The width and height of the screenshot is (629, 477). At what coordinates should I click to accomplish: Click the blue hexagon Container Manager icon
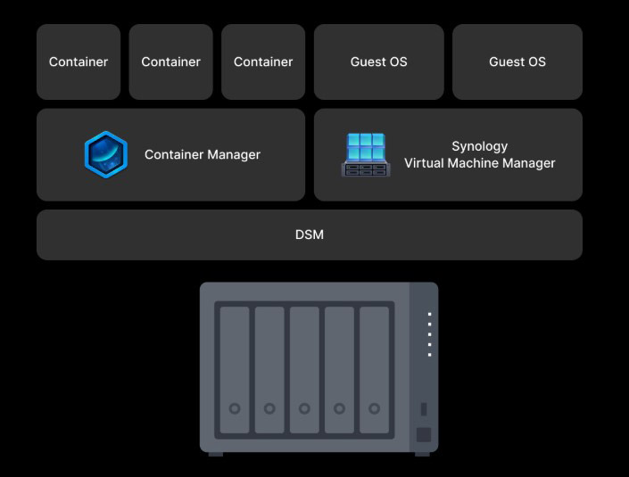[x=105, y=154]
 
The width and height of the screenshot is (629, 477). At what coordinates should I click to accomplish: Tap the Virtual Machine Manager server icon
[x=364, y=154]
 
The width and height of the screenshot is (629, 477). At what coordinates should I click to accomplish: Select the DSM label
[x=309, y=234]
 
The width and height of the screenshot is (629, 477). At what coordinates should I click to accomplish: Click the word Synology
[x=479, y=146]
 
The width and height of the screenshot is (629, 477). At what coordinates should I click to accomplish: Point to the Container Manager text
[x=203, y=154]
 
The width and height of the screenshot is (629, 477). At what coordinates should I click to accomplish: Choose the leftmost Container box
[x=79, y=62]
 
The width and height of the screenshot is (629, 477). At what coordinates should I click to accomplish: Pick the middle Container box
[x=170, y=62]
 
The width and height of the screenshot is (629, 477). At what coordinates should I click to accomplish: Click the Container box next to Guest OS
[x=263, y=62]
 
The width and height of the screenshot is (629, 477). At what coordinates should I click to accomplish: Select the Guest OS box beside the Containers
[x=378, y=62]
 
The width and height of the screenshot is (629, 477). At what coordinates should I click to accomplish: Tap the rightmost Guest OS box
[x=517, y=62]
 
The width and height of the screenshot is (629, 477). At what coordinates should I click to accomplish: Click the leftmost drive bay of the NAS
[x=235, y=369]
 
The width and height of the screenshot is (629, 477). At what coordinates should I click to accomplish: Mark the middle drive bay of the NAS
[x=304, y=369]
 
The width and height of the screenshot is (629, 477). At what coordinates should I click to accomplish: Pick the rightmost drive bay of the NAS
[x=374, y=369]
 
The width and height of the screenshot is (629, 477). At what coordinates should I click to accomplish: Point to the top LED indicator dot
[x=429, y=314]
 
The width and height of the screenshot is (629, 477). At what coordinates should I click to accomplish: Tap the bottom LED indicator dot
[x=429, y=355]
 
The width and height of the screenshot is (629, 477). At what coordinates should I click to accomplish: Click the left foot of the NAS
[x=216, y=454]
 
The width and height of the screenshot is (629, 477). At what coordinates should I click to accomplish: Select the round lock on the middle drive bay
[x=304, y=408]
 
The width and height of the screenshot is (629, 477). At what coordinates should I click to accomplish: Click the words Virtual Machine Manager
[x=479, y=163]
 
